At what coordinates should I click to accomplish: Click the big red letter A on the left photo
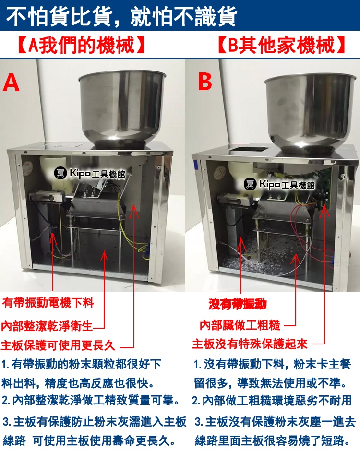point(11,83)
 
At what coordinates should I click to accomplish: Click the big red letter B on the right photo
point(205,81)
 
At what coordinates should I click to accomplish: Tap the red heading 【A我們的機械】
point(81,45)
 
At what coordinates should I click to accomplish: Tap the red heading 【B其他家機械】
point(281,45)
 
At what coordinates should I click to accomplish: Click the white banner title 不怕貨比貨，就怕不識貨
point(122,16)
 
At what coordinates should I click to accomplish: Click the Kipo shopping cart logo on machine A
point(60,173)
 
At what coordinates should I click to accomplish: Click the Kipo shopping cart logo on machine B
point(250,183)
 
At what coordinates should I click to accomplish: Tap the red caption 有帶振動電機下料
point(48,303)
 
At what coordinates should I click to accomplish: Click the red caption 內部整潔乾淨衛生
point(47,326)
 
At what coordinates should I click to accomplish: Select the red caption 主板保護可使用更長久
point(58,345)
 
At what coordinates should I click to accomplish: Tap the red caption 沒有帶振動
point(238,304)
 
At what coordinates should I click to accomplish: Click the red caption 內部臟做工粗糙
point(240,325)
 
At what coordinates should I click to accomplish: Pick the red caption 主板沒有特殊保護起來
point(250,344)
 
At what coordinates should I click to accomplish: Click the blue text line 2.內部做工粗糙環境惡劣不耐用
point(272,400)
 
